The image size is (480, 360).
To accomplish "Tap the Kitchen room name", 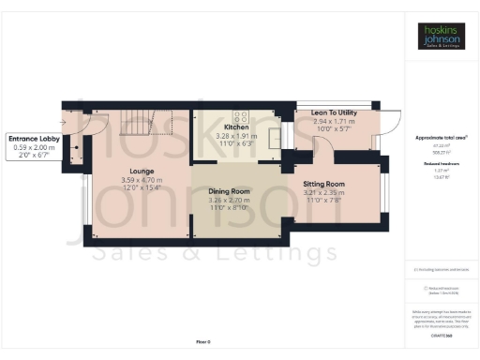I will pos(235,127).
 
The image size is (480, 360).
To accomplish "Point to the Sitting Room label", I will pos(325,184).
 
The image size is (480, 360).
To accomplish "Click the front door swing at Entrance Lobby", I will pos(72,122).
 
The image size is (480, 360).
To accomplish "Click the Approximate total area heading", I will pos(442,138).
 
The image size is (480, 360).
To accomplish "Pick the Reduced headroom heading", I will pos(442,162).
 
